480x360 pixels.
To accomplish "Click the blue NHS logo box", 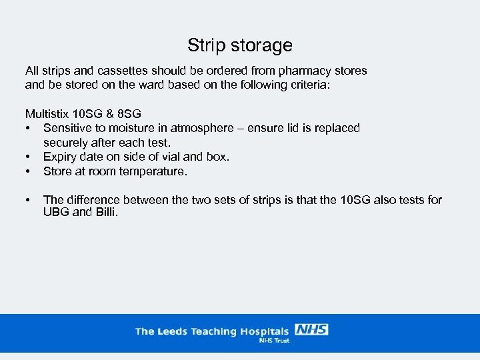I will [311, 329].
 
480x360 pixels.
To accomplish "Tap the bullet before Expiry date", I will [29, 157].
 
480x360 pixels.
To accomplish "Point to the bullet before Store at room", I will [29, 172].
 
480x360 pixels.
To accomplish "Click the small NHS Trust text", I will [273, 340].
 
